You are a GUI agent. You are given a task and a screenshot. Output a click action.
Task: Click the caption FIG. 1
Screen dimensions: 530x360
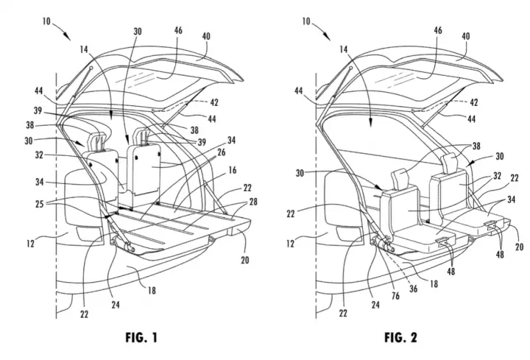pyautogui.click(x=141, y=337)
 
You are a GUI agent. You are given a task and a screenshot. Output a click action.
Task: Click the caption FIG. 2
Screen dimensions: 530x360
pyautogui.click(x=400, y=337)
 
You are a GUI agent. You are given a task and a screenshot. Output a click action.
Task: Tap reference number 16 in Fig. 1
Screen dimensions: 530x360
pyautogui.click(x=233, y=170)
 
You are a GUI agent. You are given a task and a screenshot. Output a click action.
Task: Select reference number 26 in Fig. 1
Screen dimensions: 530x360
pyautogui.click(x=221, y=152)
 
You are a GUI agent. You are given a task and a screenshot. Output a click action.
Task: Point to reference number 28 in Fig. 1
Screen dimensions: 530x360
pyautogui.click(x=252, y=202)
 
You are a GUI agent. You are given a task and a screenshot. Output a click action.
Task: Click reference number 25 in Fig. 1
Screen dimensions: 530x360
pyautogui.click(x=40, y=204)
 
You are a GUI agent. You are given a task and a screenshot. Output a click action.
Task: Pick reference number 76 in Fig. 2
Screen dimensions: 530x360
pyautogui.click(x=395, y=296)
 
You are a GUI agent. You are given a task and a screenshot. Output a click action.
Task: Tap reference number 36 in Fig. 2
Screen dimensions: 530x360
pyautogui.click(x=414, y=289)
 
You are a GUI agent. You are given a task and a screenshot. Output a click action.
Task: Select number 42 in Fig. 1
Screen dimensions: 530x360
pyautogui.click(x=214, y=102)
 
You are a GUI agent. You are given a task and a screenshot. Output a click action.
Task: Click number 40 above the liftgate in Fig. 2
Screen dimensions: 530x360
pyautogui.click(x=466, y=36)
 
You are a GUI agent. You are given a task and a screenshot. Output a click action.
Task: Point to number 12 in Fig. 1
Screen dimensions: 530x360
pyautogui.click(x=30, y=243)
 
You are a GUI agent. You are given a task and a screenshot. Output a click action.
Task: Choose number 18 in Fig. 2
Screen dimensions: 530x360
pyautogui.click(x=434, y=283)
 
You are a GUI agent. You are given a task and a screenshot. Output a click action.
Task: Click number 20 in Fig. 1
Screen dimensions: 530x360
pyautogui.click(x=245, y=260)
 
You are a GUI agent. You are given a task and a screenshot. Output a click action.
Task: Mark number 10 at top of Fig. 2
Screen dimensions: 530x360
pyautogui.click(x=306, y=21)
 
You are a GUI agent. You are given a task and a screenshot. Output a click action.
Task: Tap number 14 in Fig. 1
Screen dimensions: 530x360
pyautogui.click(x=84, y=49)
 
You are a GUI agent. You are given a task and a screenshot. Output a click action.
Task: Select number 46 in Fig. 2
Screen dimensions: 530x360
pyautogui.click(x=438, y=30)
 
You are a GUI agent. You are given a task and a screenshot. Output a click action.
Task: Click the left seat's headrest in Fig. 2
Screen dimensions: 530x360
pyautogui.click(x=399, y=178)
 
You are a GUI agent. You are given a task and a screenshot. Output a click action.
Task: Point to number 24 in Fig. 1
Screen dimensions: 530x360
pyautogui.click(x=116, y=305)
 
